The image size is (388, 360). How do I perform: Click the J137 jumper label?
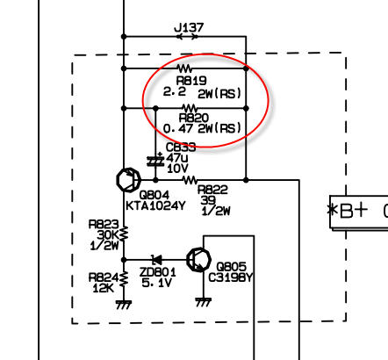pos(189,28)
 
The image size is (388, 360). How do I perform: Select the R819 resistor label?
pos(191,81)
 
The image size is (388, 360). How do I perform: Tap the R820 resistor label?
pos(194,118)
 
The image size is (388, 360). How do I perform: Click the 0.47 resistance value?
pos(178,128)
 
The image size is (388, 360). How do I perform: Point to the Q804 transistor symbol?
pos(128,180)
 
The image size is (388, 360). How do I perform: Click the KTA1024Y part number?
pos(155,206)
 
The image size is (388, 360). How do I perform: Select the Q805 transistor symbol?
pos(199,260)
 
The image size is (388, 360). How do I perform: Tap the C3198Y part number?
pos(230,277)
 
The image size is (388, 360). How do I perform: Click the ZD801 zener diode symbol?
pos(156,260)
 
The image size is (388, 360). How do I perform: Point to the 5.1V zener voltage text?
pos(156,283)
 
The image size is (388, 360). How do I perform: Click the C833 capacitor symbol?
pos(155,161)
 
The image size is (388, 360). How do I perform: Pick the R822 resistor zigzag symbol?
pos(190,180)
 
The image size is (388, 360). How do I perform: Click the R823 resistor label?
pos(104,225)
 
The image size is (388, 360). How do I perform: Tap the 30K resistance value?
pos(107,234)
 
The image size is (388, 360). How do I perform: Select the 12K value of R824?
pos(103,288)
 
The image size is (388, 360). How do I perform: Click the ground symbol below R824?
pos(124,305)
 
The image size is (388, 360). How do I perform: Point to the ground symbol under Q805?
pos(204,302)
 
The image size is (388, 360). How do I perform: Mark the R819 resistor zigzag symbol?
pos(185,68)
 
